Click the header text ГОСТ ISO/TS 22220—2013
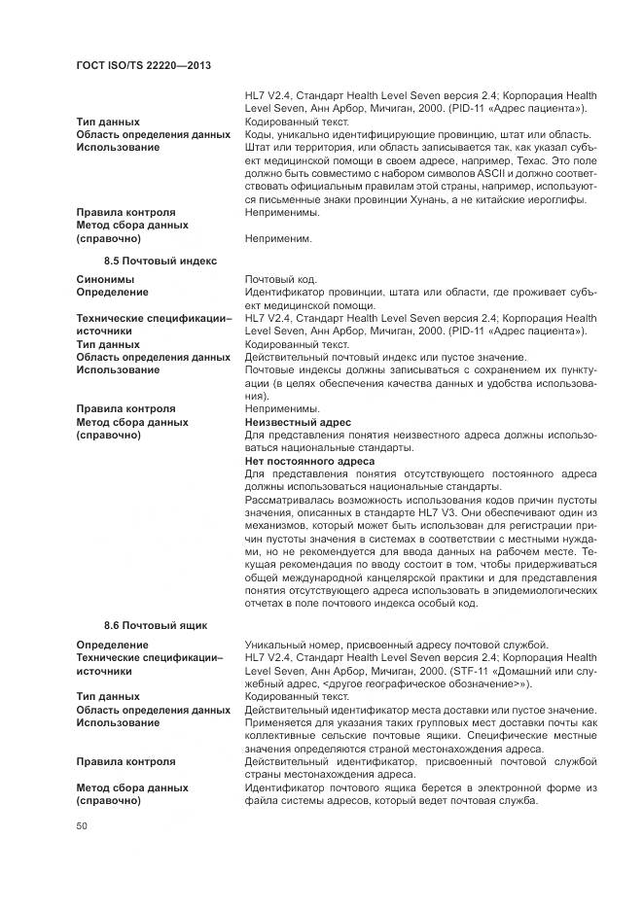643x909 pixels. click(143, 64)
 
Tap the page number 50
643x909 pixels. click(83, 826)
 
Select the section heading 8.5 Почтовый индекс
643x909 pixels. click(160, 261)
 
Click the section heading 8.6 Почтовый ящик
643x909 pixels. click(156, 625)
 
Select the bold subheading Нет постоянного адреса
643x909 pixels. click(309, 461)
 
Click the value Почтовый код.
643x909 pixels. click(280, 278)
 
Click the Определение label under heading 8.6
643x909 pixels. click(113, 645)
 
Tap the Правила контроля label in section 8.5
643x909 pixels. click(126, 409)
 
